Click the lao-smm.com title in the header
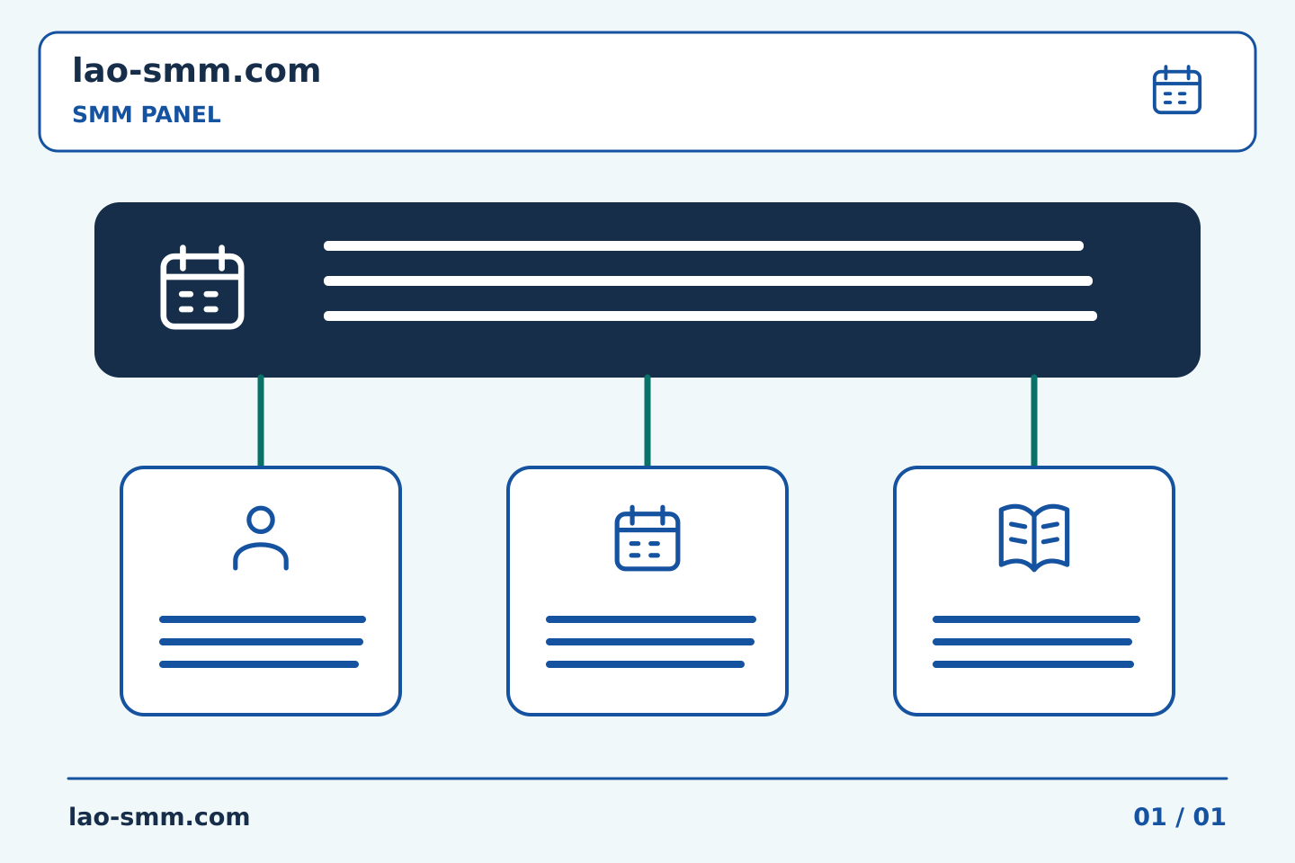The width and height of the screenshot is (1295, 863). (x=196, y=70)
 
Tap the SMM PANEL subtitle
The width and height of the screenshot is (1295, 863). (x=147, y=114)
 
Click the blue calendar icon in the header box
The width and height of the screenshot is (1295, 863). (x=1177, y=90)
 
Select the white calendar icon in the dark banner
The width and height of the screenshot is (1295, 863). (x=202, y=288)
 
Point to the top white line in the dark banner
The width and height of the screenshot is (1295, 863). (x=703, y=245)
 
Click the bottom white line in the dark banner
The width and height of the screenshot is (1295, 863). (x=710, y=316)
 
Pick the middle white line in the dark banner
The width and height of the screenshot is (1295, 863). (x=709, y=280)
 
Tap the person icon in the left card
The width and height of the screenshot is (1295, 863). (x=261, y=538)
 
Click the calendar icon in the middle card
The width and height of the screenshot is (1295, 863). (x=647, y=538)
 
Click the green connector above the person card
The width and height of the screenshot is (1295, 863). (x=261, y=422)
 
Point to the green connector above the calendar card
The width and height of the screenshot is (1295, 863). (x=647, y=422)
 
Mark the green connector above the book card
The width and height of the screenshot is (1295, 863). (x=1034, y=422)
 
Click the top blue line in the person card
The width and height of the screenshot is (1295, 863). (x=263, y=619)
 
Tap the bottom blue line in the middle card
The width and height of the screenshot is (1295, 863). (x=645, y=664)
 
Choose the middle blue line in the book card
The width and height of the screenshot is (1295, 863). (x=1032, y=642)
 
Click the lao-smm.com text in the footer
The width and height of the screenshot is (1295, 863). (x=159, y=817)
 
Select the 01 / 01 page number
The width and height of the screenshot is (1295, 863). (x=1179, y=817)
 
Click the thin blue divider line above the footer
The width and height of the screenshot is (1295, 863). (x=647, y=778)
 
